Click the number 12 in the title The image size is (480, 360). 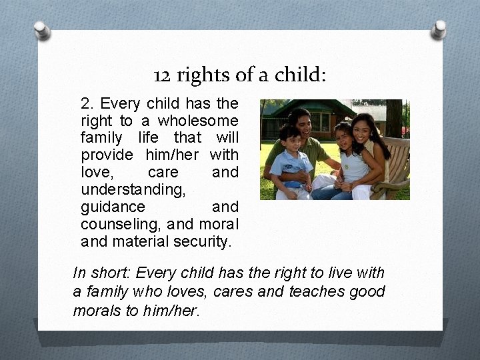(x=161, y=75)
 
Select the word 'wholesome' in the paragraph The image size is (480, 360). (x=206, y=121)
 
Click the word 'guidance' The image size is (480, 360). (x=113, y=207)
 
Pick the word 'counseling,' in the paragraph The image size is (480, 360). (x=120, y=224)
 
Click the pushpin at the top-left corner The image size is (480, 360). (x=41, y=29)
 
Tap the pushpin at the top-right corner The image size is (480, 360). (x=439, y=28)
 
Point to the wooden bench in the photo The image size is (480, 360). (x=397, y=167)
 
